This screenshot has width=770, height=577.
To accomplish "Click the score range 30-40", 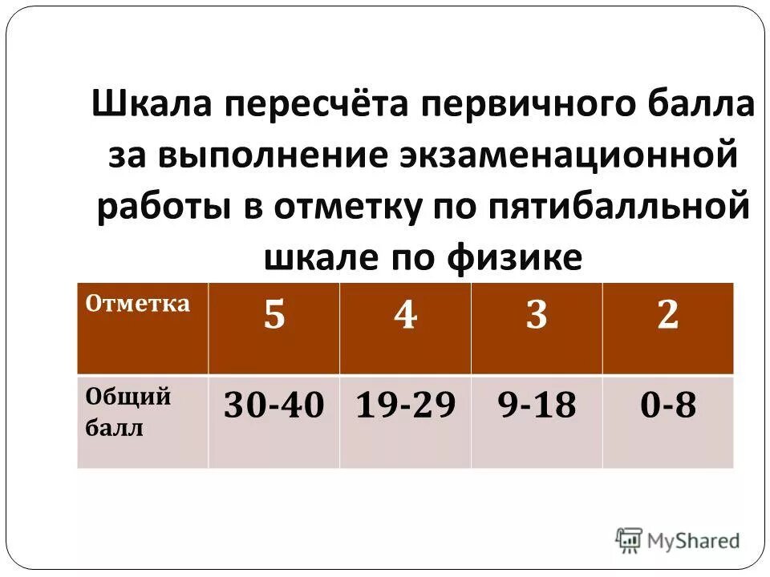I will click(274, 406).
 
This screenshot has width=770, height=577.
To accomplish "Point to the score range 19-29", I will click(405, 406).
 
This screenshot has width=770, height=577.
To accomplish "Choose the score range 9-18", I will click(537, 406).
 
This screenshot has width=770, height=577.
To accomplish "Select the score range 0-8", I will click(667, 406).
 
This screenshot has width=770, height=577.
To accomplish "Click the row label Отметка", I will click(137, 304).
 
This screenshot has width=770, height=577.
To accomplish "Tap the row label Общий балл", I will click(128, 412).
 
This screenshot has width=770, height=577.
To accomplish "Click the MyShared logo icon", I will click(629, 540).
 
